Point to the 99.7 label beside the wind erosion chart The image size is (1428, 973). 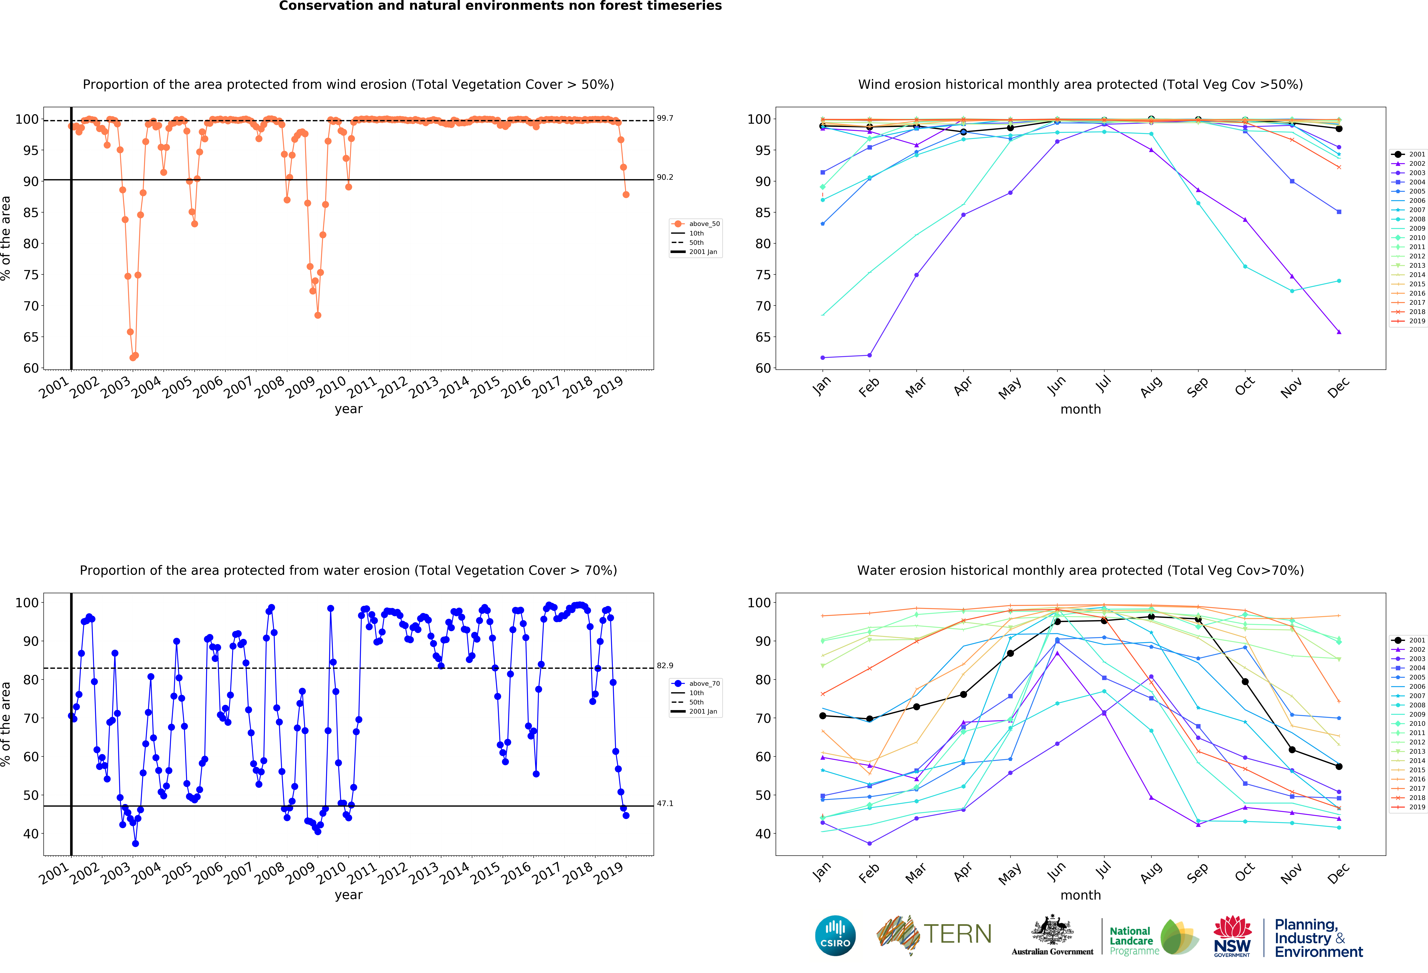665,118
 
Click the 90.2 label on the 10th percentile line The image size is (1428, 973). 665,177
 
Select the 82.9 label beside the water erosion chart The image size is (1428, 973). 665,665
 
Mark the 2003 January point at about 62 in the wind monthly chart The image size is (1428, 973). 823,358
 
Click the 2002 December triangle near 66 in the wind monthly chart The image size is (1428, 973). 1339,332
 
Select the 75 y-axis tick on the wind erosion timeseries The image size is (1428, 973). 31,275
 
